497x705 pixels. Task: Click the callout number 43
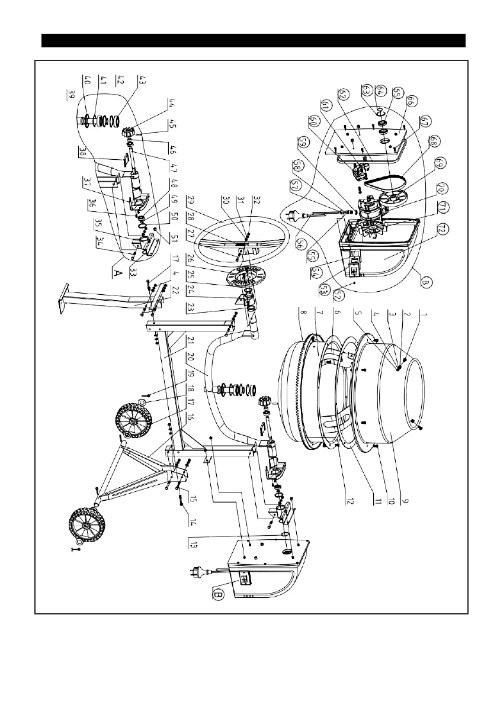point(143,80)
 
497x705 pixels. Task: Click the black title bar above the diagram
point(254,41)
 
